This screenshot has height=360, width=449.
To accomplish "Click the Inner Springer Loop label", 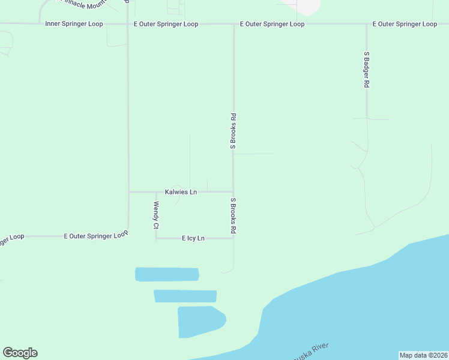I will click(74, 24).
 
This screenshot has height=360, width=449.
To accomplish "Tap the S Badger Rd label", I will click(366, 70).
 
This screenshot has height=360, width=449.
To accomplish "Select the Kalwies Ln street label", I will click(181, 192).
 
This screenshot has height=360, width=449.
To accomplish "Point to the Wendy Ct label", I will click(155, 215).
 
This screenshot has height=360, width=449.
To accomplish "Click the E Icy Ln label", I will click(193, 238).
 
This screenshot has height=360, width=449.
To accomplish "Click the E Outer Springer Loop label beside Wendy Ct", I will click(96, 236).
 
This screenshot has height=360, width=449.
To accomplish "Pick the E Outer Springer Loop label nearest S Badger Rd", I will click(405, 24).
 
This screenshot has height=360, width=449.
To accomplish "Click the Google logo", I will click(20, 353).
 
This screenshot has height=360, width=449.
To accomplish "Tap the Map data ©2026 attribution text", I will click(423, 355).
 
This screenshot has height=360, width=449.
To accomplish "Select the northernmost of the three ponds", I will click(167, 274).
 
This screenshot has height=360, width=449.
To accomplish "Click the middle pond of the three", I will click(185, 296).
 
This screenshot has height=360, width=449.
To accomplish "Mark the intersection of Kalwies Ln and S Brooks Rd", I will click(234, 192).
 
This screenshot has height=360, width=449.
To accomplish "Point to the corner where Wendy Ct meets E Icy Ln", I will click(156, 238).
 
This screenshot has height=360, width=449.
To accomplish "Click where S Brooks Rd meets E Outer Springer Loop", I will click(234, 24).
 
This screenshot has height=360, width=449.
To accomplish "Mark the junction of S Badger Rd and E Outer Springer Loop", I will click(366, 24).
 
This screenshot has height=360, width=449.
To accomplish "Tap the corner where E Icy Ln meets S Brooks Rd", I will click(234, 238).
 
